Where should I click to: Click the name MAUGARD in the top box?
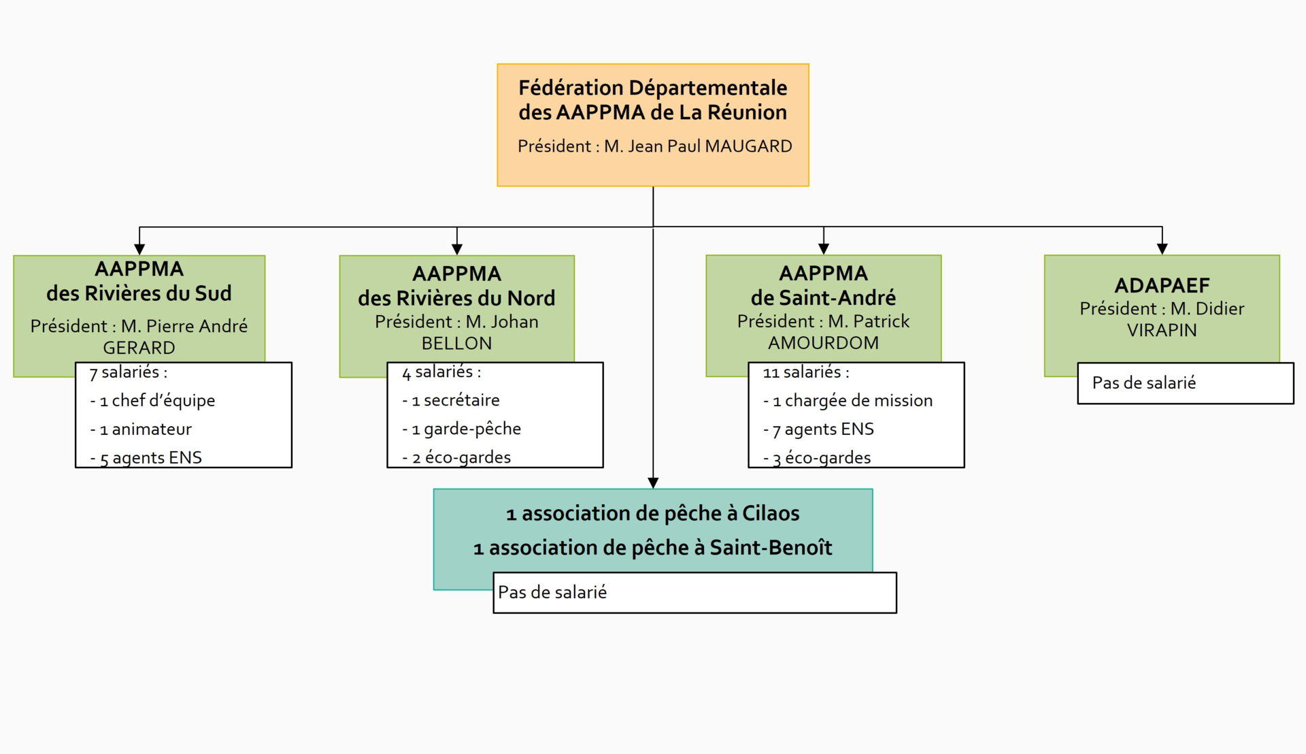[748, 146]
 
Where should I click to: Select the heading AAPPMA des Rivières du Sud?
[139, 281]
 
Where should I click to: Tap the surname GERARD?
[139, 348]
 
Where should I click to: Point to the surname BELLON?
[456, 344]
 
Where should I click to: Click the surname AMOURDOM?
[823, 343]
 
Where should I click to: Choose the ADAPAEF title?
[1162, 285]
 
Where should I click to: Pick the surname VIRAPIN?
[1162, 330]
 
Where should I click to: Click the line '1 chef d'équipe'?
[152, 401]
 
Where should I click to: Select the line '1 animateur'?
[141, 429]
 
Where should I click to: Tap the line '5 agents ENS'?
[146, 458]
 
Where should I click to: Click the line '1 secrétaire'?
[451, 400]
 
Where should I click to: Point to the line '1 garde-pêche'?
[462, 429]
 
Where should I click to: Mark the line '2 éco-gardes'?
[456, 457]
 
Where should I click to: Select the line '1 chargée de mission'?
[848, 401]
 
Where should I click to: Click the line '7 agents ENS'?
[818, 429]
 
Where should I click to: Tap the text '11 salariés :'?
[806, 372]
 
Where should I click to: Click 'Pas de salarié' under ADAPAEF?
[1144, 382]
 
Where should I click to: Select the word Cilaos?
[771, 513]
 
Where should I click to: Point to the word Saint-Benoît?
[771, 547]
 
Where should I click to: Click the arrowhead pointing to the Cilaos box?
[653, 483]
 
